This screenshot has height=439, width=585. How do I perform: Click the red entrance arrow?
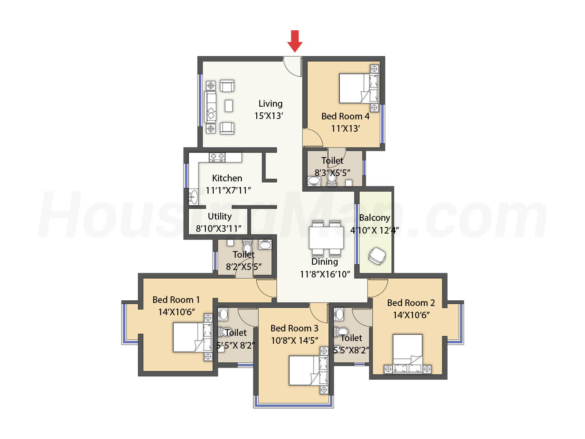point(294,41)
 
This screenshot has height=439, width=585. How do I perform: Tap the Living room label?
point(270,104)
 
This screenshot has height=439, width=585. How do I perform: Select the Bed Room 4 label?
point(345,116)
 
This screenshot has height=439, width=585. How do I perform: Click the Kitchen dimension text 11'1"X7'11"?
point(228,191)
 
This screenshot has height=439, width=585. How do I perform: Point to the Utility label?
point(219,216)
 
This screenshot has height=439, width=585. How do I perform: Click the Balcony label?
point(374,218)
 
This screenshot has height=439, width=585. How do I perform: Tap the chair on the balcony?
point(377,256)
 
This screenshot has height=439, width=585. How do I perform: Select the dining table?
point(326,238)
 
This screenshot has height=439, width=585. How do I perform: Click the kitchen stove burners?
point(217,157)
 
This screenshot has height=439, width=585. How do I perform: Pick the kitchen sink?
point(193,197)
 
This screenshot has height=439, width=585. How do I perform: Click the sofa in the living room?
point(210,107)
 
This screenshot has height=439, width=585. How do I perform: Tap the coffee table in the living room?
point(228,106)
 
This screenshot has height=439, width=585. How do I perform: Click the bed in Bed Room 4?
point(359,88)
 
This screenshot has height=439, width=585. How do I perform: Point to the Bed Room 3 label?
point(294,328)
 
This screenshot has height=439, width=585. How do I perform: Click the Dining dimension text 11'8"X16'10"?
point(325,274)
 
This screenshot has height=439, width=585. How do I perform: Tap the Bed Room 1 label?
point(176,299)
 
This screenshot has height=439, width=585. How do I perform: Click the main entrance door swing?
point(292,67)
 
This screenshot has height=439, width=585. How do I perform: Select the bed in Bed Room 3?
point(309,370)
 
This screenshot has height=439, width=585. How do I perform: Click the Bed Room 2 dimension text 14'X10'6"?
point(411,315)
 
